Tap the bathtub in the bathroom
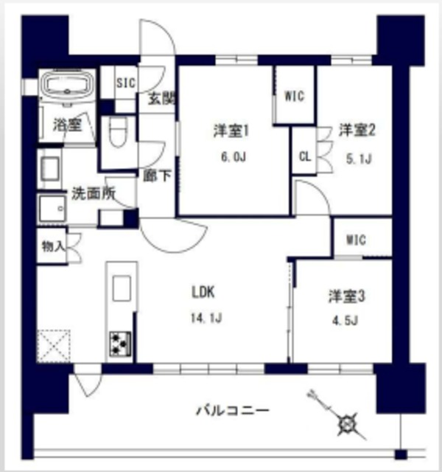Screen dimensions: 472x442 (x=66, y=86)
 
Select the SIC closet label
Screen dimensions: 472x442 (x=125, y=83)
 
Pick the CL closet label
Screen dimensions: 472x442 (x=304, y=156)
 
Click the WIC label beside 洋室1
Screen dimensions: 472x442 (x=294, y=94)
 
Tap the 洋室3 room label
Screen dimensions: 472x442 (x=347, y=296)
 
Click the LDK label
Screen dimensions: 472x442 (x=203, y=293)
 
